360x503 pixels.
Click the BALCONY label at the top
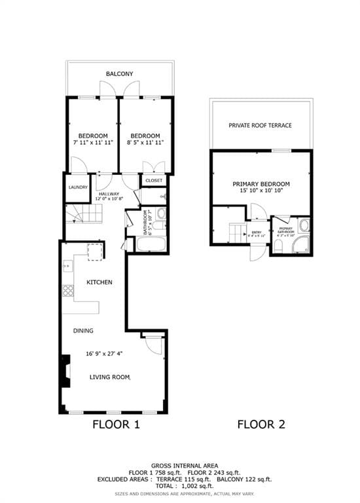tap(120, 74)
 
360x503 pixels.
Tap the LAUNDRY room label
tap(77, 187)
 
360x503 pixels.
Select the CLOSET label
tap(154, 180)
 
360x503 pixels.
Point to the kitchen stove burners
tap(67, 290)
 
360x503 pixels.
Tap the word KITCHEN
tap(99, 282)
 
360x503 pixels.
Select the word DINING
tap(84, 331)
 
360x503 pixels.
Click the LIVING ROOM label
tap(110, 377)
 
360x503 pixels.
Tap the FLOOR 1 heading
tap(116, 424)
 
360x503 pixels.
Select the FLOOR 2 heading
tap(261, 424)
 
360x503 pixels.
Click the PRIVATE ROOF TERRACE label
tap(261, 125)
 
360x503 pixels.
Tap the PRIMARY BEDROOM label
tap(261, 184)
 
